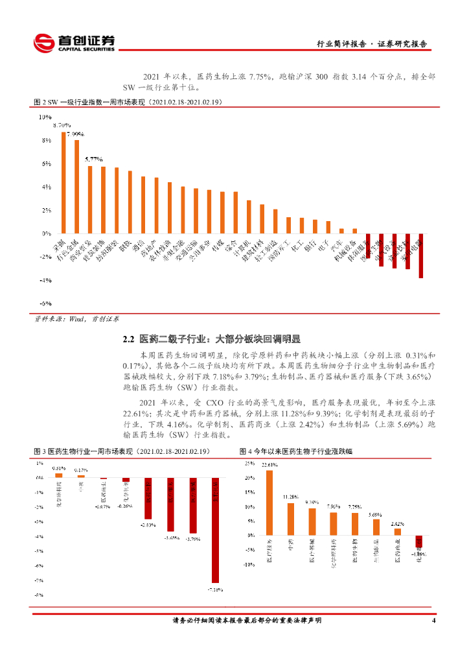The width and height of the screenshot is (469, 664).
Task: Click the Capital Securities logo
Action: pyautogui.click(x=74, y=42)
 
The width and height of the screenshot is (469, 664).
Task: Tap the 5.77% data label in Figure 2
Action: pyautogui.click(x=91, y=159)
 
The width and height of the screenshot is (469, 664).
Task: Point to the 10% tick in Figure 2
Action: pyautogui.click(x=45, y=117)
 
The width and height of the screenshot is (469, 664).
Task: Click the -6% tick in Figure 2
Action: pyautogui.click(x=45, y=303)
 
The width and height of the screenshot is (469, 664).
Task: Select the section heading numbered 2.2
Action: pyautogui.click(x=212, y=338)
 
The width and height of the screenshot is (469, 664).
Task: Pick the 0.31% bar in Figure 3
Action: pyautogui.click(x=59, y=475)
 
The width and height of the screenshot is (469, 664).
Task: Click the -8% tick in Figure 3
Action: pyautogui.click(x=39, y=595)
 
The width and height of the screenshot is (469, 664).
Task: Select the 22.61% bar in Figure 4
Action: pyautogui.click(x=269, y=503)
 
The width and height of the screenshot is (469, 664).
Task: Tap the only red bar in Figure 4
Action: pyautogui.click(x=419, y=541)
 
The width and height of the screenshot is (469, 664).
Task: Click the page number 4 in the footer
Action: pyautogui.click(x=433, y=621)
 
